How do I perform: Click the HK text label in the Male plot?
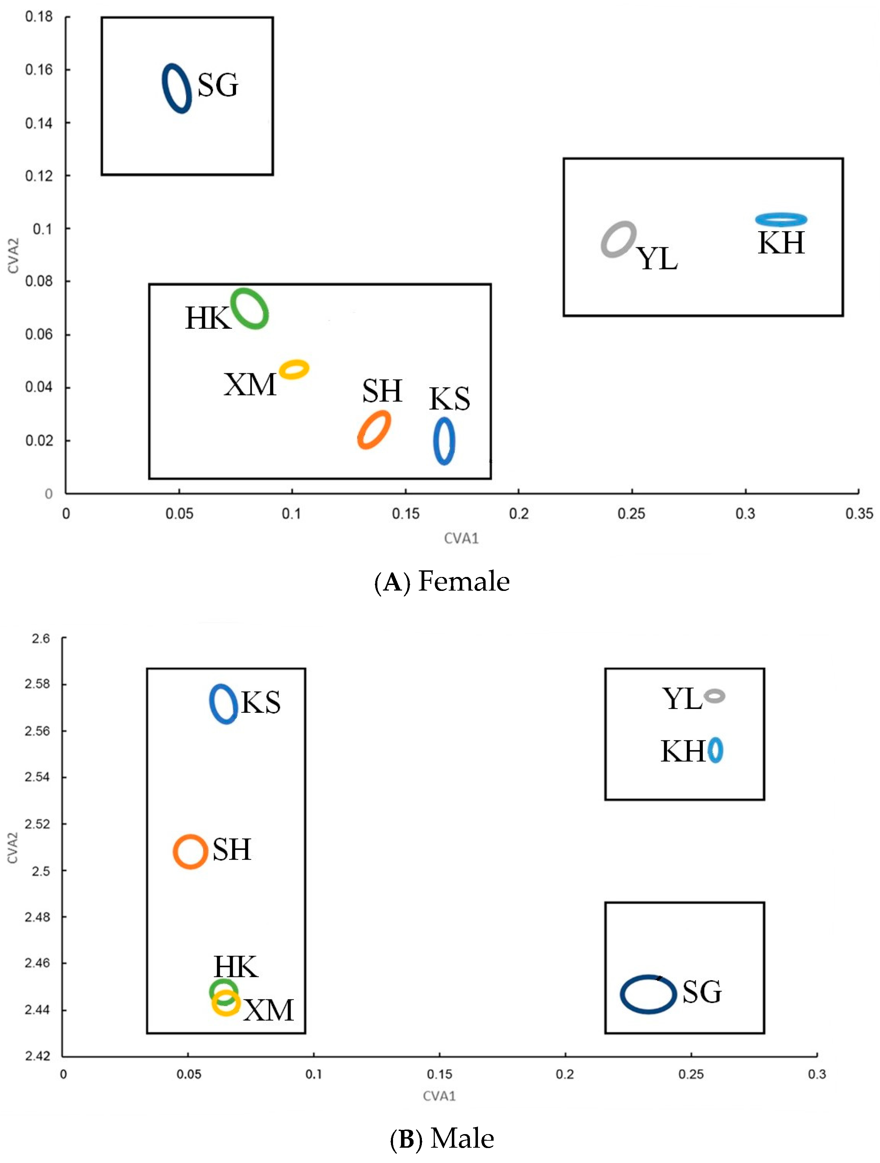[x=236, y=967]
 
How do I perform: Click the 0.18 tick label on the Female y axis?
[x=39, y=17]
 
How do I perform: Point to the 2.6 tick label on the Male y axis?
[x=40, y=639]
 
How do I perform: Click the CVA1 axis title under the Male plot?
[x=439, y=1096]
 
